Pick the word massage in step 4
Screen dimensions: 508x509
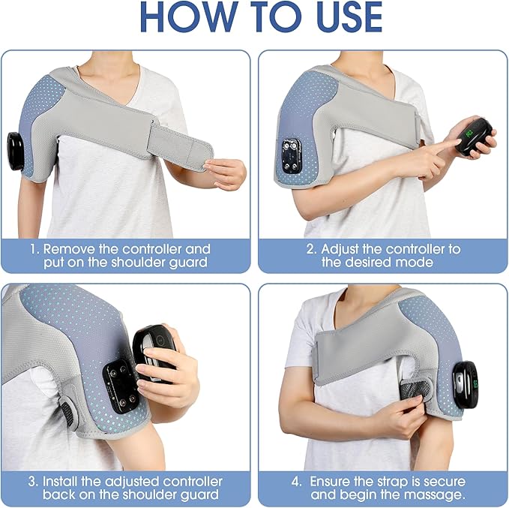click(x=438, y=494)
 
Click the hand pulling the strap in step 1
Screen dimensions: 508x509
click(x=225, y=173)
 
